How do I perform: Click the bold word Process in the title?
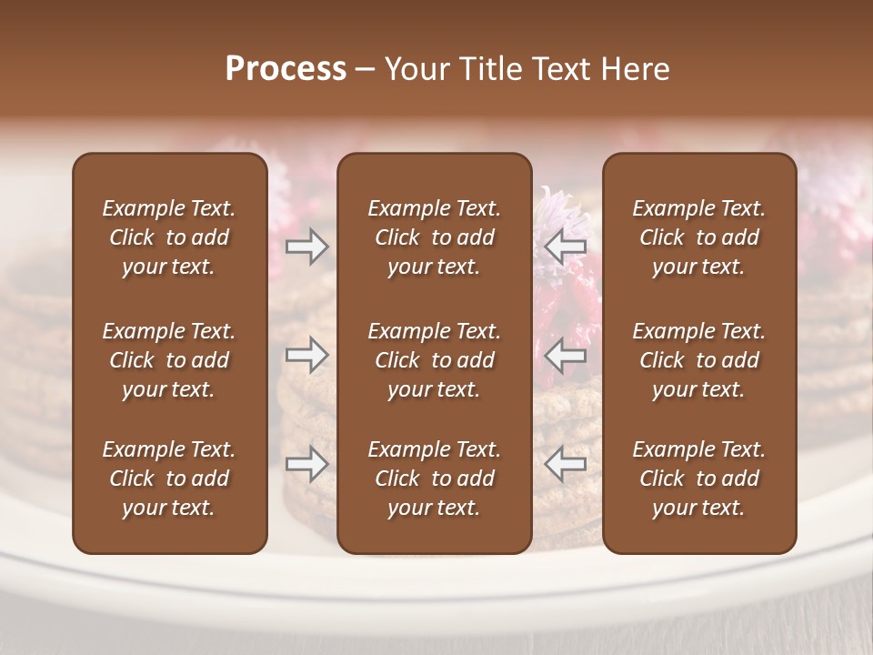coord(286,69)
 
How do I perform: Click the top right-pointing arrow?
coord(306,246)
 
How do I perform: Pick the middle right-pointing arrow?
coord(306,354)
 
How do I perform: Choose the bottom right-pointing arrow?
coord(306,464)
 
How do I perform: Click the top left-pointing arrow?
coord(566,246)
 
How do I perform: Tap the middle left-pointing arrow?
coord(566,354)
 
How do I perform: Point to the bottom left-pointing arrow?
coord(566,464)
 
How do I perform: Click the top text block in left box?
coord(169,237)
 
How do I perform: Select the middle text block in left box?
coord(169,360)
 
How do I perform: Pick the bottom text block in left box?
coord(169,479)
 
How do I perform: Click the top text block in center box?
coord(434,237)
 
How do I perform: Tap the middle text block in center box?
coord(434,360)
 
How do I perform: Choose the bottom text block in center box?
coord(434,479)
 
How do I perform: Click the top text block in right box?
coord(699,237)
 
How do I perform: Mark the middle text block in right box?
coord(699,360)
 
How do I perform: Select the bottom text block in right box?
coord(699,479)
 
